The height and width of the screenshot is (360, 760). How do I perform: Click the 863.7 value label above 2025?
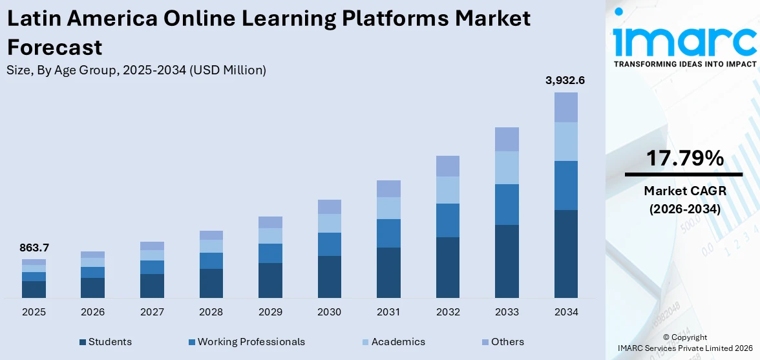click(34, 248)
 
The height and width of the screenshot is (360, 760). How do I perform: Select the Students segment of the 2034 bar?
click(565, 253)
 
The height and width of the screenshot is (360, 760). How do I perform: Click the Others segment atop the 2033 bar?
click(507, 139)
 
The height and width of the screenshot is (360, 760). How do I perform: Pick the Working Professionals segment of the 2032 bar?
click(447, 220)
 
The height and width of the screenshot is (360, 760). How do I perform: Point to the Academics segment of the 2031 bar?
click(388, 208)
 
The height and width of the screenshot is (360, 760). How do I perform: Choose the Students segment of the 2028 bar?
click(211, 283)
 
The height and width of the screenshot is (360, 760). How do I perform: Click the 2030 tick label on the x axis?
click(329, 312)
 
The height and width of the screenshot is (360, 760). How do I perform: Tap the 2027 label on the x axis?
click(152, 312)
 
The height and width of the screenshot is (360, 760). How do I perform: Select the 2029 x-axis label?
click(270, 312)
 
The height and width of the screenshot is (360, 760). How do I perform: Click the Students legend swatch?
click(82, 342)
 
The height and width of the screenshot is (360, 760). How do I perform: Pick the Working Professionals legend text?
click(251, 342)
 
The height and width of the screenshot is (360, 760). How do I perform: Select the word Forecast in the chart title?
click(54, 47)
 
